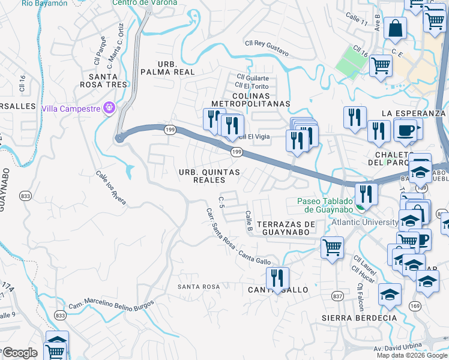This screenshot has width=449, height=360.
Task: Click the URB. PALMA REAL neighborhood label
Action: click(x=167, y=68)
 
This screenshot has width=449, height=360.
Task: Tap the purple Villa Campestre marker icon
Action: click(x=109, y=109)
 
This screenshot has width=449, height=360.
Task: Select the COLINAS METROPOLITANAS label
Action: click(x=253, y=99)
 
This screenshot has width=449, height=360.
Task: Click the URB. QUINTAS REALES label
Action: click(x=209, y=176)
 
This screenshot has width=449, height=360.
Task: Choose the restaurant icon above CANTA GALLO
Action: click(x=277, y=277)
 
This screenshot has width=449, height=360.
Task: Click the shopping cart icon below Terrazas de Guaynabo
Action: click(x=332, y=246)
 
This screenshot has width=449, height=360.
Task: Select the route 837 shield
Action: click(x=337, y=296)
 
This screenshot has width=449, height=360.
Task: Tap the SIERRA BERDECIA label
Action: click(x=351, y=317)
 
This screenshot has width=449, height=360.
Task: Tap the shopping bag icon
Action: click(x=395, y=28)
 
